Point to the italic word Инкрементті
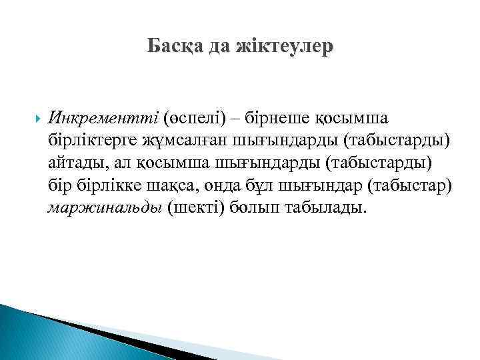coord(101,118)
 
